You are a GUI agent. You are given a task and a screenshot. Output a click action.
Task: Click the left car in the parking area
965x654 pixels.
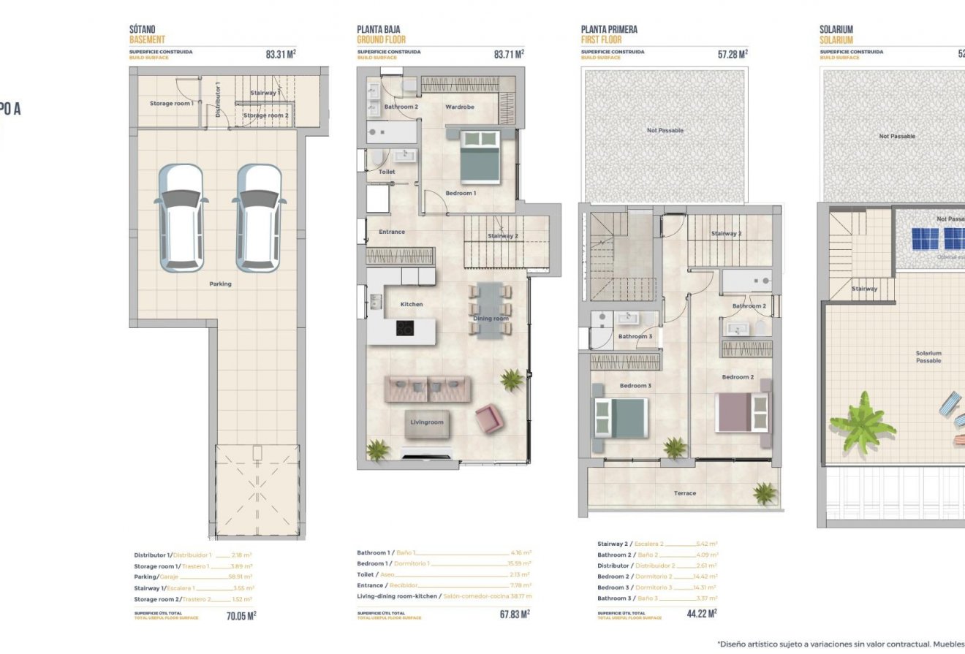click(181, 216)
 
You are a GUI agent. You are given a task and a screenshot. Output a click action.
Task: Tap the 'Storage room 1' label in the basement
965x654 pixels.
click(172, 104)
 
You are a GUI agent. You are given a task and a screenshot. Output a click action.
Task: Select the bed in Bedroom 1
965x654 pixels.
click(480, 156)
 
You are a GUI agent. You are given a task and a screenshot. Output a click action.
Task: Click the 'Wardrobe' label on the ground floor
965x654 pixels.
click(460, 107)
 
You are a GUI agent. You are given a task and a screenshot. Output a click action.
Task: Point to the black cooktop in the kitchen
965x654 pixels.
click(405, 328)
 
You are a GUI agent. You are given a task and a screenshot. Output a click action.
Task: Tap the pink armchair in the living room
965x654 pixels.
click(488, 419)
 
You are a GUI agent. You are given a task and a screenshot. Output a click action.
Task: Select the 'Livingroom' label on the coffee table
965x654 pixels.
click(426, 422)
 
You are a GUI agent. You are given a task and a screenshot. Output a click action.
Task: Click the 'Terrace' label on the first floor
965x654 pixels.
click(684, 493)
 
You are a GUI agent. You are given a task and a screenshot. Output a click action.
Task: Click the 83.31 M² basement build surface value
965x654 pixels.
click(281, 53)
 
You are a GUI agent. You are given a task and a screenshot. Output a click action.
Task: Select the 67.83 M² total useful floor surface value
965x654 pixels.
click(515, 615)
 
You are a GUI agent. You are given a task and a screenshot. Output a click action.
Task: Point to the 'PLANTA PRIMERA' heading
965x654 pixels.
click(609, 29)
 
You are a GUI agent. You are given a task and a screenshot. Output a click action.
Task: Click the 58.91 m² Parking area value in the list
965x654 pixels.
click(240, 577)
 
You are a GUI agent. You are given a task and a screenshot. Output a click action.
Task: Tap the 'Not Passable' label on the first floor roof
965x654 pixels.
click(665, 130)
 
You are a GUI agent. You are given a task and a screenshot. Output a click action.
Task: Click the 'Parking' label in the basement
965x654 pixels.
click(220, 284)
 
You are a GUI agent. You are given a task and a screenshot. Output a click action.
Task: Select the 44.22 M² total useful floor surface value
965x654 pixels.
click(701, 614)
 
